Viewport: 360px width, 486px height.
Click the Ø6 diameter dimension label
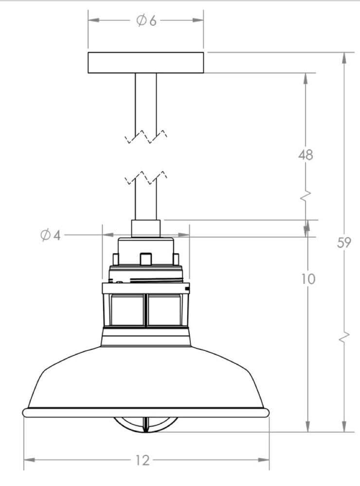pos(146,20)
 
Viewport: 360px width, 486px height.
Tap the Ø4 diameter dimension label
pos(51,235)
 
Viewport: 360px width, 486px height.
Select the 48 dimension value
pos(306,155)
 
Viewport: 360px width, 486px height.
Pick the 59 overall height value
pos(344,243)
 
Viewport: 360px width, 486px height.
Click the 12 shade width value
pos(143,460)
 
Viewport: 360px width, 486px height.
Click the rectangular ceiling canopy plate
pos(145,63)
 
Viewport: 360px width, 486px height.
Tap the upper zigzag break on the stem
pos(146,137)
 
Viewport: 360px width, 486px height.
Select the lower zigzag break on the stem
pos(146,178)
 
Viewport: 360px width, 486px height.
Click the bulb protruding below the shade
pos(145,424)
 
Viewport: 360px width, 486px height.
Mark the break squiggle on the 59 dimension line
pos(344,338)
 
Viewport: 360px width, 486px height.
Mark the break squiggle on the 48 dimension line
pos(306,196)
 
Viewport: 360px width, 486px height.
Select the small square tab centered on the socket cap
pos(145,259)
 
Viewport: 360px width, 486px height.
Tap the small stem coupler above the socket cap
pos(145,228)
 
